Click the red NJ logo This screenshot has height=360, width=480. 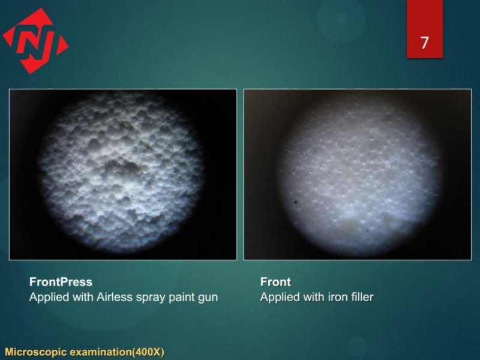click(x=35, y=41)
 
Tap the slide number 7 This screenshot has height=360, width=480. click(x=424, y=43)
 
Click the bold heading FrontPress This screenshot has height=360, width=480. click(x=61, y=281)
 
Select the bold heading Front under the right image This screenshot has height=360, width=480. click(x=275, y=281)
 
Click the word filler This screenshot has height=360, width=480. click(x=362, y=297)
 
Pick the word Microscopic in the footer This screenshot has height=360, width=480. click(x=35, y=352)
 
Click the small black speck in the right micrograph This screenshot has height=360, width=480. click(x=296, y=202)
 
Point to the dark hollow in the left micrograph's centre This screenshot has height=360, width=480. click(x=122, y=166)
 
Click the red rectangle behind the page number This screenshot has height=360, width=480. click(x=425, y=29)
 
